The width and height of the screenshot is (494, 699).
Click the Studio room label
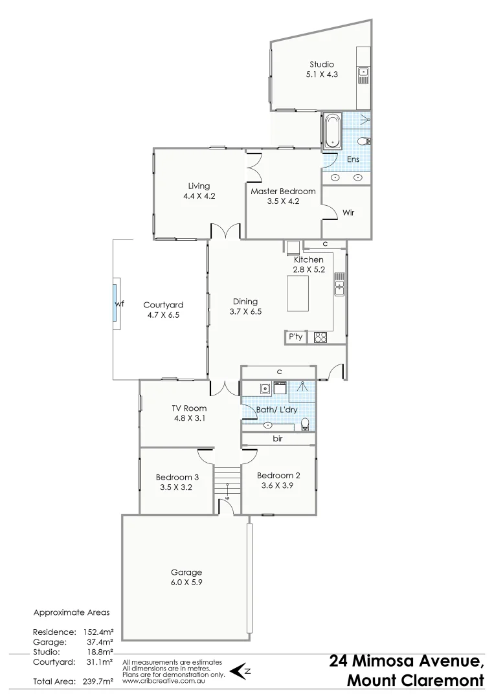321,64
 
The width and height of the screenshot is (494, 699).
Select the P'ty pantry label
295,337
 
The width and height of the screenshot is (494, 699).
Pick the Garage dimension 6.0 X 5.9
186,582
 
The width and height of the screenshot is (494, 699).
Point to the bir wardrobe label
278,439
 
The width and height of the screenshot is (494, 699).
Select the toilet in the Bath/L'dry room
306,424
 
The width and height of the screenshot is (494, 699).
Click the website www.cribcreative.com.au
165,681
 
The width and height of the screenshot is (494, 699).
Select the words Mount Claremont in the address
415,681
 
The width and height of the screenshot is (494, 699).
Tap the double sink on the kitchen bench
339,284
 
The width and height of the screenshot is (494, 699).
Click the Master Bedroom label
283,191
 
